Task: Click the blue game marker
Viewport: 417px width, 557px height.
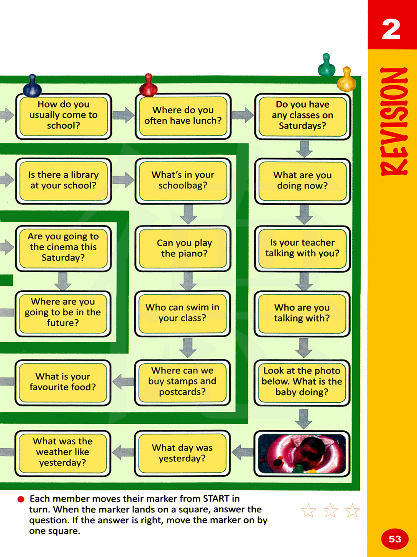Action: point(32,87)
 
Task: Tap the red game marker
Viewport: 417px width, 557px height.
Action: point(148,85)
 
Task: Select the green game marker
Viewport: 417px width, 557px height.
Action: point(327,65)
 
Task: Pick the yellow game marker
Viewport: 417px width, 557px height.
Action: point(347,80)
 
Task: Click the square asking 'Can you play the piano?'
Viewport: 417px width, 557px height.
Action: point(183,248)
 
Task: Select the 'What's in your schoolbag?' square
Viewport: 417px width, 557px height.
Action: point(183,181)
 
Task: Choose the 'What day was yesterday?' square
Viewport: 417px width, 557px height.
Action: point(182,453)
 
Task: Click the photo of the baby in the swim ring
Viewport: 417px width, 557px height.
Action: point(302,453)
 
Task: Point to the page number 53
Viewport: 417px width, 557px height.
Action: point(394,539)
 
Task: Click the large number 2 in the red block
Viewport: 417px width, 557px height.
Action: point(391,29)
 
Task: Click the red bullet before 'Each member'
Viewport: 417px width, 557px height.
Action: point(21,499)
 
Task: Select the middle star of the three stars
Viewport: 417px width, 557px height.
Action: point(330,510)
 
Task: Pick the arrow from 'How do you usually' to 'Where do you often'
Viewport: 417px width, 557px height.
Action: point(123,115)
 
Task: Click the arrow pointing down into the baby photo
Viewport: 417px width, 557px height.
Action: point(304,419)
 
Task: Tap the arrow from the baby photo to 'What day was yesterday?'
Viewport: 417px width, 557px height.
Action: point(243,452)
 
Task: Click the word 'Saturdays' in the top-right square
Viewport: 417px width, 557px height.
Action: point(302,126)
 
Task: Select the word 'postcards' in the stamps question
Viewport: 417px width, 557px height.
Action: point(182,392)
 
